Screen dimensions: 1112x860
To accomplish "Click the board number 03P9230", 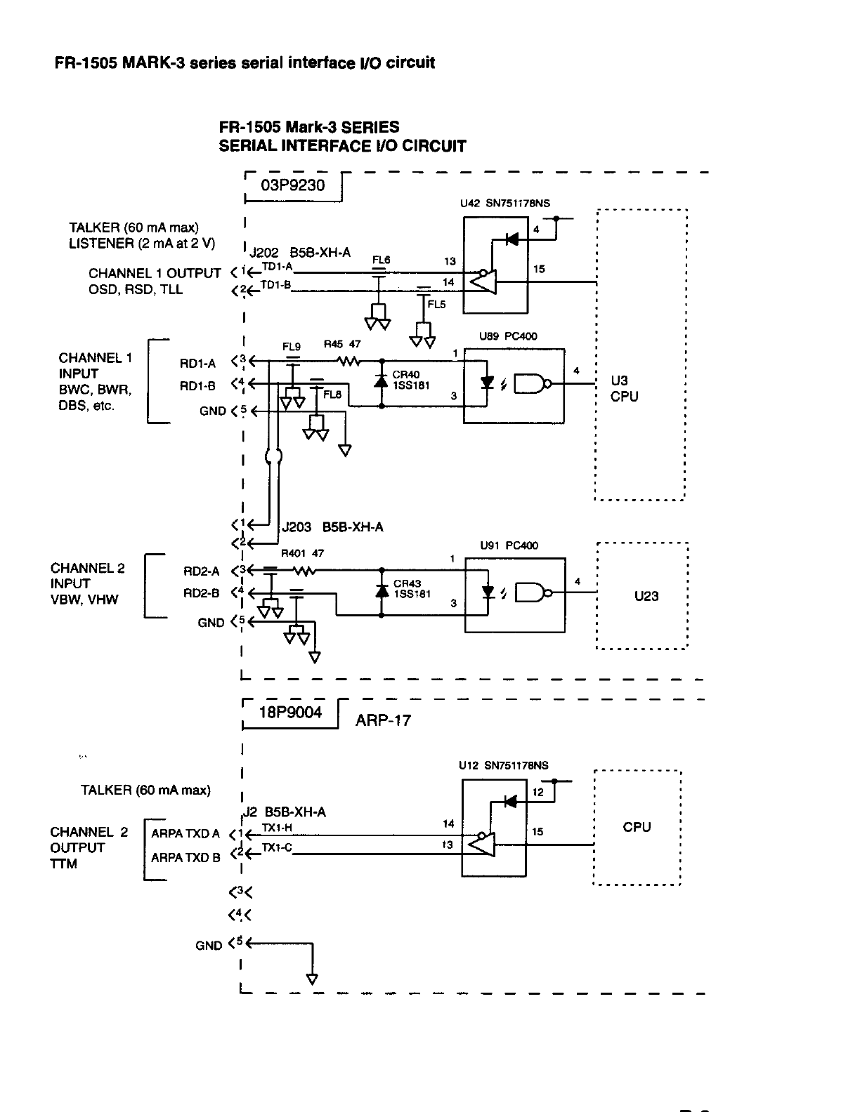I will [x=293, y=186].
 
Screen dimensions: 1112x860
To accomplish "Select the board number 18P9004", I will [x=291, y=713].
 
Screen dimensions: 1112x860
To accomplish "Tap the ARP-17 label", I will [x=383, y=720].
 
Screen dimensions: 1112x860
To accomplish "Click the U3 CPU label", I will [x=624, y=388].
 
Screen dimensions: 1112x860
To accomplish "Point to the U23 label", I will [x=646, y=596].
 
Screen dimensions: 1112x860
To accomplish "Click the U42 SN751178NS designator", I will [x=505, y=204].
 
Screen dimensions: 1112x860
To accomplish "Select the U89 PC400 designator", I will [x=508, y=336].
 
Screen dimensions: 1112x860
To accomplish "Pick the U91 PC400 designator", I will [x=509, y=545].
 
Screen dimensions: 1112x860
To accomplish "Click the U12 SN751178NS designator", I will [x=504, y=766].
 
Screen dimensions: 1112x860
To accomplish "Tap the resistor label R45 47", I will [x=341, y=345].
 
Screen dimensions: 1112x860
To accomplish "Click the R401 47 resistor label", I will [x=302, y=553].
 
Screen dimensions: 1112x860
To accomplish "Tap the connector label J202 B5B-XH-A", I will [x=300, y=253].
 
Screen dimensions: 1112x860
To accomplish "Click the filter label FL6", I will [x=381, y=260].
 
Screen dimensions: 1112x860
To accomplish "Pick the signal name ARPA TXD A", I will [x=185, y=834].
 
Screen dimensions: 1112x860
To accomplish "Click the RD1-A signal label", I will [x=197, y=363].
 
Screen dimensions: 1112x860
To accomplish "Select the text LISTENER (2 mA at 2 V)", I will [x=142, y=244].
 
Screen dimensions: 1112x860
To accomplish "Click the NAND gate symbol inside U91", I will [x=531, y=594].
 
